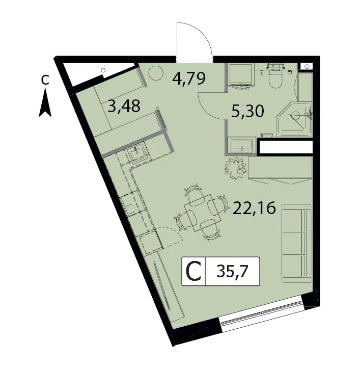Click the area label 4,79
click(189, 78)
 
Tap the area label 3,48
click(125, 106)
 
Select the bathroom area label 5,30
click(247, 111)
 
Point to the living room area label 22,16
click(254, 208)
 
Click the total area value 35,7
click(232, 272)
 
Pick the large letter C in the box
click(193, 272)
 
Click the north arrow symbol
click(45, 104)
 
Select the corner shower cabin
click(294, 119)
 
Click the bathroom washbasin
click(241, 145)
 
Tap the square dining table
click(203, 213)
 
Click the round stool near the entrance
click(155, 73)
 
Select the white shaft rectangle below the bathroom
click(286, 147)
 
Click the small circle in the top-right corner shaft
click(307, 67)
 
